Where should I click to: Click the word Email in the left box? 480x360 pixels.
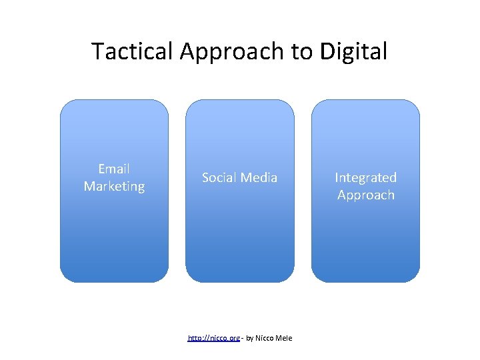tap(114, 169)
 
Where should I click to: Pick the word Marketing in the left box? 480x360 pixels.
tap(114, 187)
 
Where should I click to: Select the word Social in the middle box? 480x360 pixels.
tap(220, 177)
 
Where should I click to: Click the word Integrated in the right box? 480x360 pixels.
tap(365, 177)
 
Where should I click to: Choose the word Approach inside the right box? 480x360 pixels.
tap(365, 195)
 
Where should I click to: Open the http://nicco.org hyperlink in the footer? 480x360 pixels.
tap(213, 339)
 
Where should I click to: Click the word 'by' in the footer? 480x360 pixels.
tap(250, 339)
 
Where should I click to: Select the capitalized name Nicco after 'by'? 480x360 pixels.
tap(266, 339)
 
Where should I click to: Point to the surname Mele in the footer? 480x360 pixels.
tap(285, 339)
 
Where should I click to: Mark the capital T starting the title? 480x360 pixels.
tap(97, 51)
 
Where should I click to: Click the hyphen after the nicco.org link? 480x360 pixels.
tap(242, 339)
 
